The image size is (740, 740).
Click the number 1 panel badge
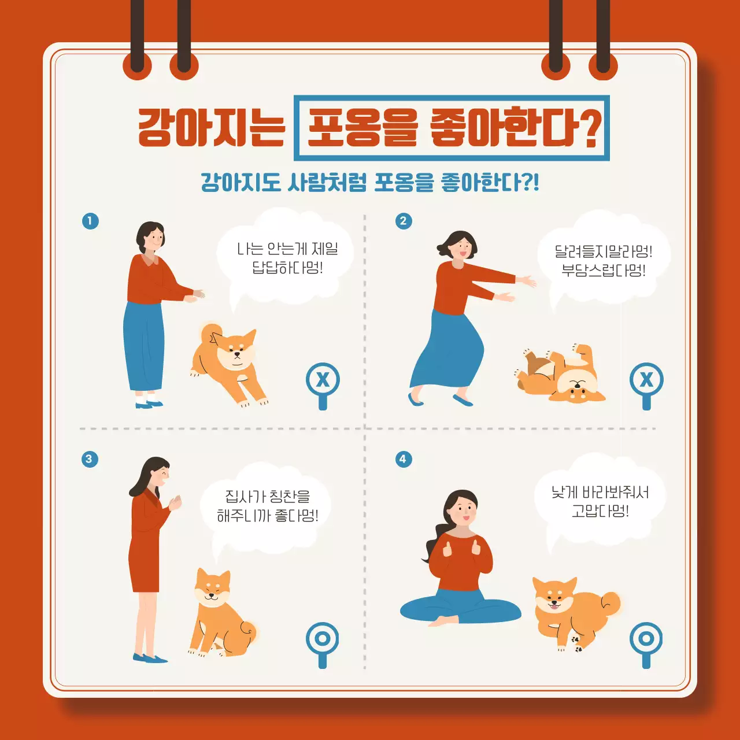click(x=90, y=221)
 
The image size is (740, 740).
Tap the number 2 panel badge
click(x=404, y=221)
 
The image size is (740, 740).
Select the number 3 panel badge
click(x=89, y=459)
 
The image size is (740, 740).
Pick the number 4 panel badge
click(x=404, y=459)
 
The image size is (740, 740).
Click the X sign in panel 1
click(x=323, y=380)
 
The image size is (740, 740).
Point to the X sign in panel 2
click(x=646, y=380)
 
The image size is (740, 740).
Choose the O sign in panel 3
click(x=323, y=639)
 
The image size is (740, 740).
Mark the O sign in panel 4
click(x=646, y=639)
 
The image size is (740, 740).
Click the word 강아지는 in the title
click(x=212, y=128)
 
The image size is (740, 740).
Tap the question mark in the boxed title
click(x=589, y=129)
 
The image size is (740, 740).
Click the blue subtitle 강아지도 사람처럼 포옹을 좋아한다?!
click(x=370, y=182)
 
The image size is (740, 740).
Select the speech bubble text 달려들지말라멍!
click(x=604, y=251)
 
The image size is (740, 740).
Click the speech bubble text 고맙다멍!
click(x=600, y=511)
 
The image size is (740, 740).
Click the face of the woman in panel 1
click(x=154, y=238)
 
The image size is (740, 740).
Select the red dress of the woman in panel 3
click(x=145, y=549)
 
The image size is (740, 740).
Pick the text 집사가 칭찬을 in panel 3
click(x=267, y=496)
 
